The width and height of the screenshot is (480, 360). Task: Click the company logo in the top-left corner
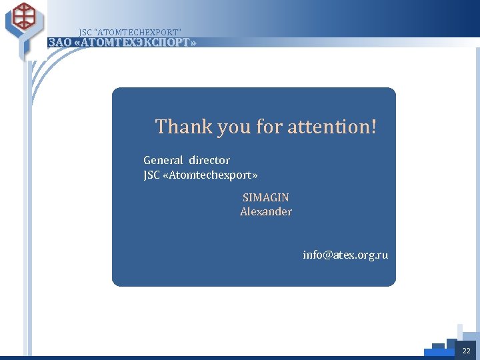(x=25, y=19)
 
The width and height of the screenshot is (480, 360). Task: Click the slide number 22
(x=466, y=351)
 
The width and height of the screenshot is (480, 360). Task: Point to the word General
(x=163, y=161)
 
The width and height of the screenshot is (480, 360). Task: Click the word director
(x=209, y=161)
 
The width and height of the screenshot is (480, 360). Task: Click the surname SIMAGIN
(x=266, y=198)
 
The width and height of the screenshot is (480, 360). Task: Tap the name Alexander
(x=266, y=212)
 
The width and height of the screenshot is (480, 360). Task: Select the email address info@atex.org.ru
(x=345, y=255)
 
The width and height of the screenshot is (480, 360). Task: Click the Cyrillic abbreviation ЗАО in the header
(x=59, y=43)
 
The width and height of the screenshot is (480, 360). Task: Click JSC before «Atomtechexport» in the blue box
(x=152, y=175)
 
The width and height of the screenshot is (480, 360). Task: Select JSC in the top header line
(x=85, y=33)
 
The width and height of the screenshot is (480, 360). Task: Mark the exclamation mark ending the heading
(x=372, y=126)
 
